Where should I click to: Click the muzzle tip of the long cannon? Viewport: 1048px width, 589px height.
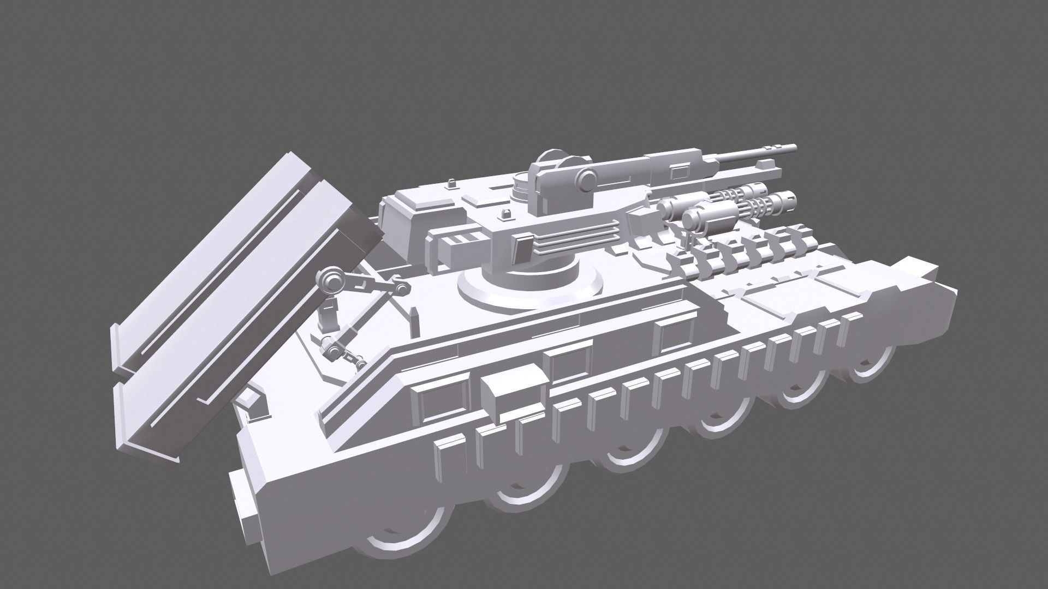793,148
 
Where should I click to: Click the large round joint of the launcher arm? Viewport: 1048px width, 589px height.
330,281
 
